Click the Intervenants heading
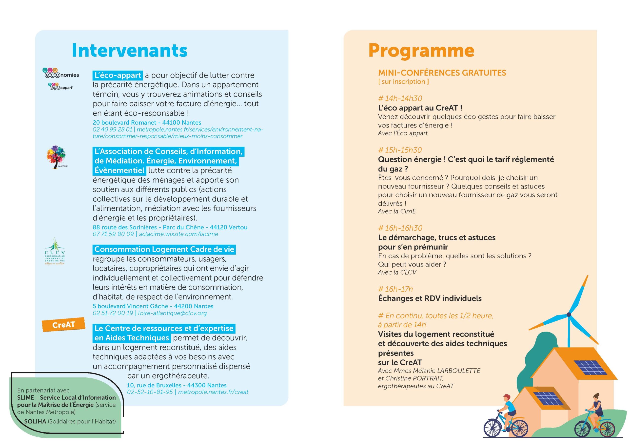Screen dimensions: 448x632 [129, 51]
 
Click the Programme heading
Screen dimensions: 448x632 [421, 51]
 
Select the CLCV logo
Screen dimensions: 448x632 [55, 252]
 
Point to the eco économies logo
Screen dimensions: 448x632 [60, 73]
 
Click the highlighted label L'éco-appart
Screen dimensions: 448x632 [118, 75]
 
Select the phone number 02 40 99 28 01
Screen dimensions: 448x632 [112, 129]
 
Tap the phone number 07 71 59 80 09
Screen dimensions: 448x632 [113, 234]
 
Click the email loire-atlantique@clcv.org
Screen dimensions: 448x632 [172, 313]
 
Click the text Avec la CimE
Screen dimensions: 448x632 [396, 211]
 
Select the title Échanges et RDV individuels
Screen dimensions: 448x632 [430, 299]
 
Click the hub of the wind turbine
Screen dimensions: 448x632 [569, 315]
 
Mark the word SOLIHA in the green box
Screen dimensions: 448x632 [35, 421]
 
